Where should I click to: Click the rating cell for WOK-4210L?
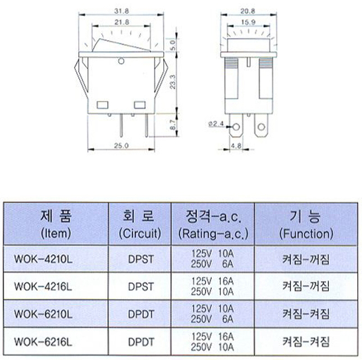coord(213,260)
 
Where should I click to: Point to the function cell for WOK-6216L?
coord(306,340)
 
